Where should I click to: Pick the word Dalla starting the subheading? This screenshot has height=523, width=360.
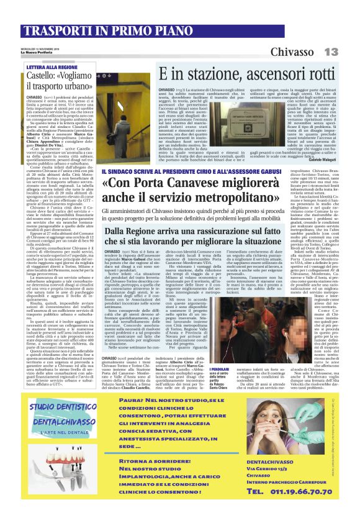point(121,231)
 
